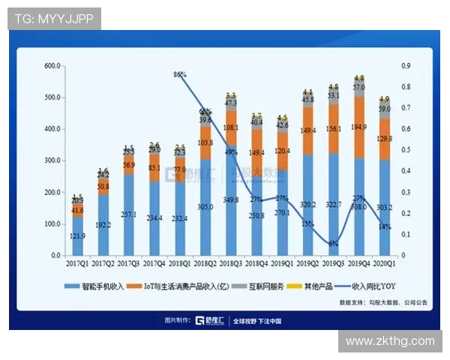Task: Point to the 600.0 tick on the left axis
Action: point(52,66)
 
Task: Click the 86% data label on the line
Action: point(180,75)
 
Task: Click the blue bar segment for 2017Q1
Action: point(78,235)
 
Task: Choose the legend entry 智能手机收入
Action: point(97,286)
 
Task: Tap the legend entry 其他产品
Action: point(316,286)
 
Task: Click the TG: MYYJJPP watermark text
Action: point(54,19)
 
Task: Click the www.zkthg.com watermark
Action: point(390,341)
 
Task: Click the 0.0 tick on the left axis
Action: point(54,256)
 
